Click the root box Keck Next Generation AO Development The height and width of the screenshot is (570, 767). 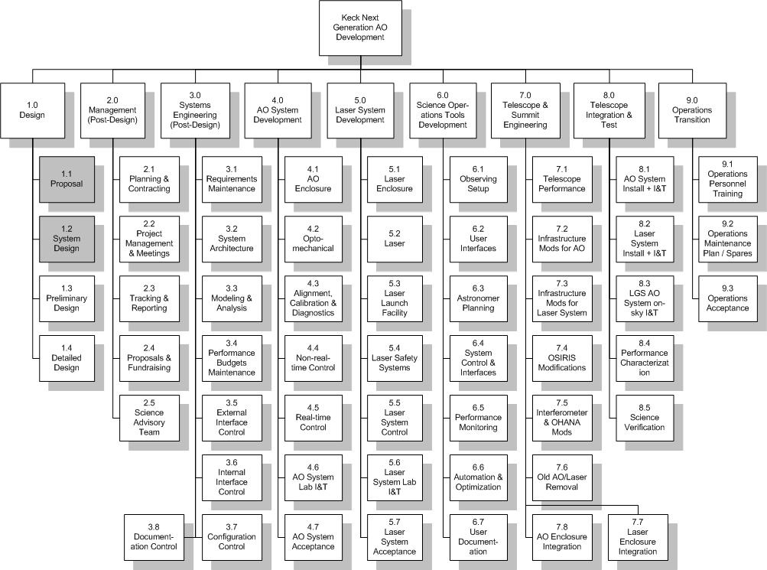[x=360, y=28]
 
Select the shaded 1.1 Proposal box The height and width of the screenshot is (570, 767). [x=67, y=180]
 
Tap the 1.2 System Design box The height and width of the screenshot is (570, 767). [x=67, y=239]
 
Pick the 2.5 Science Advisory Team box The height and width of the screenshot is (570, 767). [x=149, y=418]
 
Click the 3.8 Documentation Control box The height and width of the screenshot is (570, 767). [x=154, y=537]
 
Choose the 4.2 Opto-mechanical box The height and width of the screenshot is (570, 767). [x=313, y=239]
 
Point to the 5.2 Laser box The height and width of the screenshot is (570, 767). [x=395, y=239]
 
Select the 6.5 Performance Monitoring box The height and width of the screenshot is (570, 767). [x=479, y=418]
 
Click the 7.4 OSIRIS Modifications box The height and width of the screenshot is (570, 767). [x=562, y=358]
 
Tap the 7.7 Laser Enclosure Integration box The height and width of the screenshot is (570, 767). [x=638, y=537]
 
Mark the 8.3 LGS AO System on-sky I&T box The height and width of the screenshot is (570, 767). [x=645, y=299]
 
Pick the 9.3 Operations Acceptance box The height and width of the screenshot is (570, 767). [x=728, y=299]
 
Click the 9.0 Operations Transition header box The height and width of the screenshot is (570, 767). [x=692, y=111]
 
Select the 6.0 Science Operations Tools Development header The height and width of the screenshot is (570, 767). [x=443, y=111]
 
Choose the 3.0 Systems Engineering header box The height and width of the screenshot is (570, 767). [x=195, y=111]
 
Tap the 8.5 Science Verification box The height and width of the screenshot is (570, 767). [x=645, y=418]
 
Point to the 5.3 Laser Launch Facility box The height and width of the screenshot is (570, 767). [x=395, y=299]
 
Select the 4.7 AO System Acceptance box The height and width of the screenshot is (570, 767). [x=313, y=537]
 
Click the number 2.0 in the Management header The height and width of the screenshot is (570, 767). [x=112, y=100]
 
